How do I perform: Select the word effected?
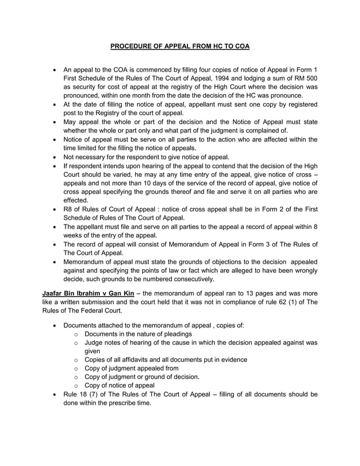78,199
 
